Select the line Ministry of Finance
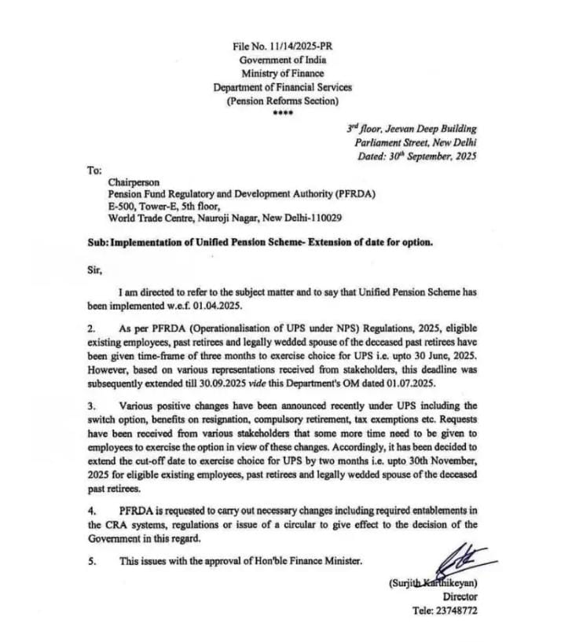(282, 73)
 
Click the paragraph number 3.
(90, 406)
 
